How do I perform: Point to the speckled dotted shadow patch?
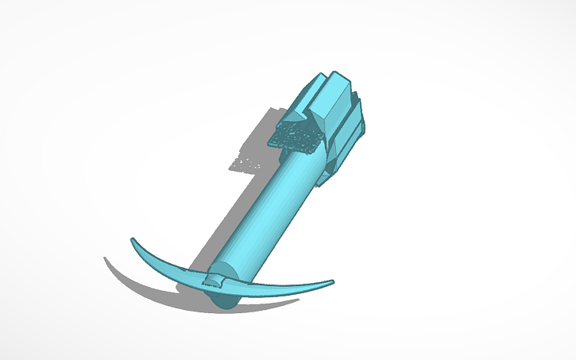[x=248, y=164]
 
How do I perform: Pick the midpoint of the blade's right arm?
[x=278, y=288]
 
